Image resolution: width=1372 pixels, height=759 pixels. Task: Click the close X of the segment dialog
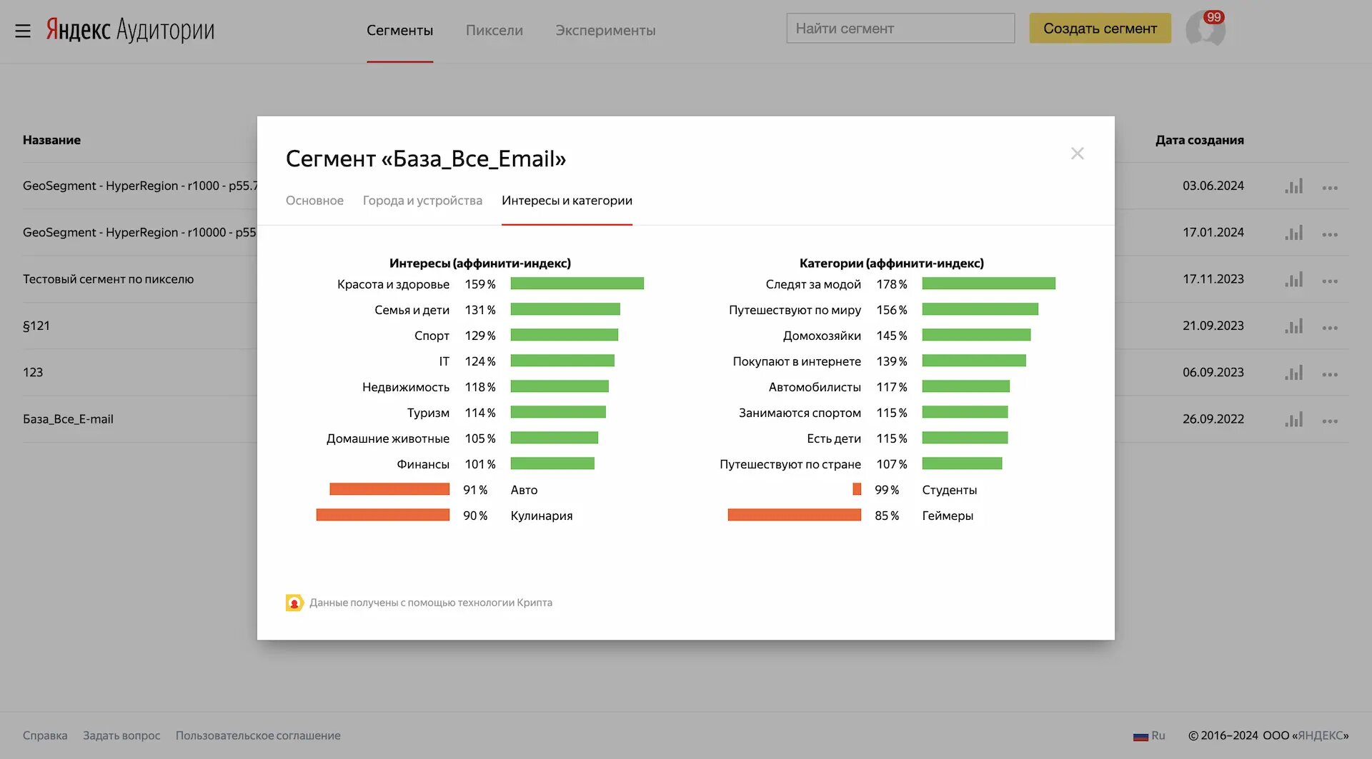tap(1077, 154)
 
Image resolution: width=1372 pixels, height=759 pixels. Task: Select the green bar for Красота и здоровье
tap(577, 283)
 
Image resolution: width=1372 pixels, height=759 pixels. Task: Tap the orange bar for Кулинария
tap(382, 515)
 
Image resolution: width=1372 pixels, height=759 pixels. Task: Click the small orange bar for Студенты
tap(857, 489)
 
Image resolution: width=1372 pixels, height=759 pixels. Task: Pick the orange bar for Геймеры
tap(794, 515)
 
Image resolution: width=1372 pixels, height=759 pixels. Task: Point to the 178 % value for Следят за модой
tap(891, 284)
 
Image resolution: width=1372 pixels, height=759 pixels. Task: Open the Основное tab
tap(314, 201)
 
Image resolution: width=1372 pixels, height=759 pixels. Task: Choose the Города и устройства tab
tap(422, 201)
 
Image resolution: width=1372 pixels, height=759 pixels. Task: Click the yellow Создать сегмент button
tap(1100, 29)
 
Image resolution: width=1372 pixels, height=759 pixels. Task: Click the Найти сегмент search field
tap(900, 29)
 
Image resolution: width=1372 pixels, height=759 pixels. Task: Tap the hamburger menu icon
tap(23, 31)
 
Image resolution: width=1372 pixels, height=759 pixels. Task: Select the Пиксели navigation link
tap(494, 31)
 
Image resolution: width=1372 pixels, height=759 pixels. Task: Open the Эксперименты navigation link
tap(605, 31)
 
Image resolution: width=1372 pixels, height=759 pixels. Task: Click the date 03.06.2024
tap(1213, 186)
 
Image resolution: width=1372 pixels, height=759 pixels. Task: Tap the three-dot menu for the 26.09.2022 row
tap(1329, 421)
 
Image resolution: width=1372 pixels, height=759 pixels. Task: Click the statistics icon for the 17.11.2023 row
tap(1293, 280)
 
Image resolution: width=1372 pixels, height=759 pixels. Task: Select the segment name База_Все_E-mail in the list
tap(68, 419)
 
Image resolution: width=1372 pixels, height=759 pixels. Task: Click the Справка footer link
tap(45, 735)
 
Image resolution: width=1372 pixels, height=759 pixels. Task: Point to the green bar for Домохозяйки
tap(976, 335)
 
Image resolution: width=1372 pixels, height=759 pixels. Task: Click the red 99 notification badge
tap(1213, 17)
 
